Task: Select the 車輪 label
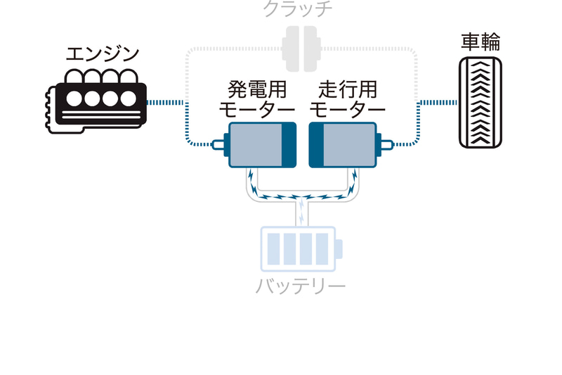(481, 42)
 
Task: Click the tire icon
(481, 103)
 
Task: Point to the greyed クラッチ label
(297, 9)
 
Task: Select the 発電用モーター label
(257, 100)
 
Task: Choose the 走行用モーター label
(347, 100)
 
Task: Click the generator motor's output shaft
(220, 145)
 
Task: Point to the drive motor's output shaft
(386, 145)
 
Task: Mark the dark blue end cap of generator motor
(289, 144)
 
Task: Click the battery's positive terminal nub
(339, 249)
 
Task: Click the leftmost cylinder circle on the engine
(74, 98)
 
